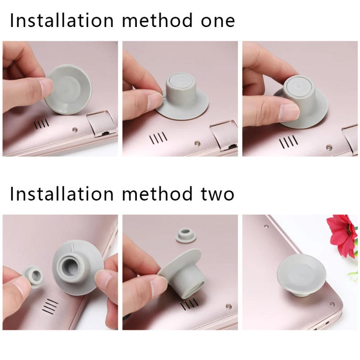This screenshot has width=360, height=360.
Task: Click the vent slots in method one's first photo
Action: click(x=41, y=123)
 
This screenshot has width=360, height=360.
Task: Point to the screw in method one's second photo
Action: click(x=197, y=143)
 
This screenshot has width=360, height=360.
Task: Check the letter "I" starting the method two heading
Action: click(x=12, y=194)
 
